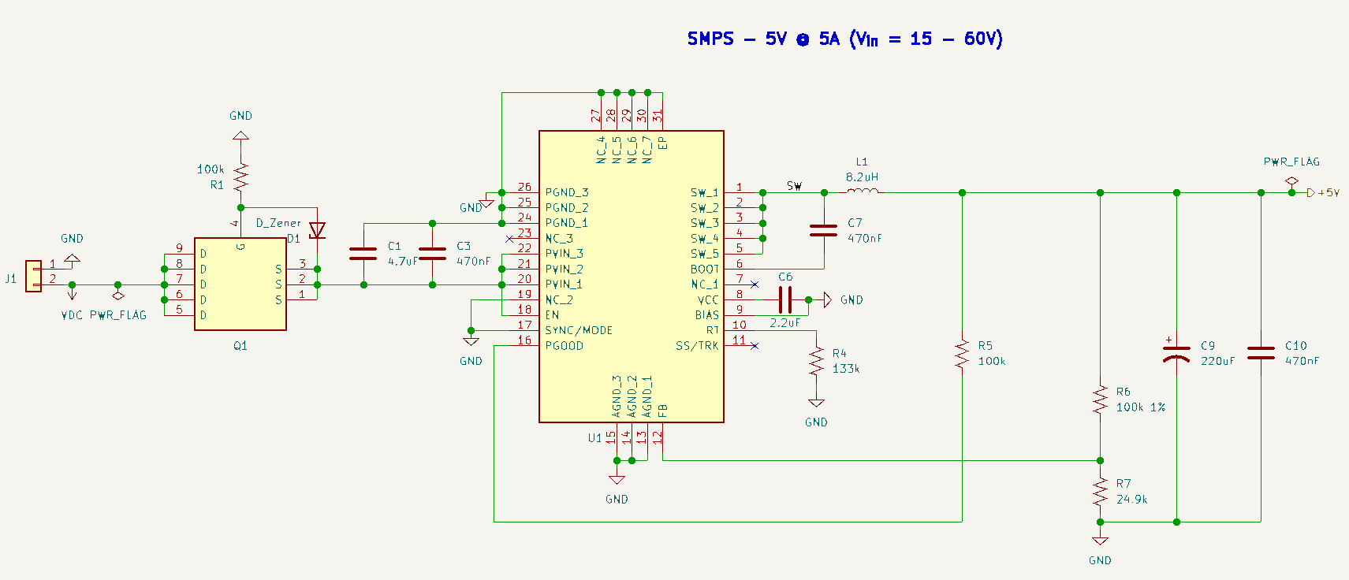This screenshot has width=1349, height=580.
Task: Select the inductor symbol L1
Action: [x=862, y=191]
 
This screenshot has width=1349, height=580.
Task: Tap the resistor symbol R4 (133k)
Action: [x=816, y=362]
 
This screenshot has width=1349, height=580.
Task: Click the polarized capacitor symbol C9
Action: [x=1176, y=353]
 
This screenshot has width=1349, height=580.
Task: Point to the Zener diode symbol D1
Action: [x=317, y=230]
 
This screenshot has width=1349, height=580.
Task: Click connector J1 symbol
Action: [x=33, y=276]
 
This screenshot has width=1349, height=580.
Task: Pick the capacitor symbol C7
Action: [x=824, y=230]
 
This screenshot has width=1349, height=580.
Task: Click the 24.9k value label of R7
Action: [x=1131, y=499]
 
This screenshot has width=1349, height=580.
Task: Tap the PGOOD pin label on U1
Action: [x=565, y=345]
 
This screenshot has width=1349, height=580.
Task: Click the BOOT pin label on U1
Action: [x=704, y=269]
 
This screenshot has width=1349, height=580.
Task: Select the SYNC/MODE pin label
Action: [x=579, y=330]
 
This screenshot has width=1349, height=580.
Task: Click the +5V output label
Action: [x=1328, y=192]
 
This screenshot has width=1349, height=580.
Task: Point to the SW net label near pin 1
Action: [x=794, y=186]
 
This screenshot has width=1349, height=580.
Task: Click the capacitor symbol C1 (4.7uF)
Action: [x=363, y=254]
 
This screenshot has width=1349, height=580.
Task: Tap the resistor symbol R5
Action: [x=962, y=354]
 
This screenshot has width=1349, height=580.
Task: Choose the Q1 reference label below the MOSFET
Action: [x=240, y=345]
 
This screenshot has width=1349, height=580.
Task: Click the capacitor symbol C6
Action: [x=784, y=299]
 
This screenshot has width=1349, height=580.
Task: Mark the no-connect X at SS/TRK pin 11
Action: [x=755, y=345]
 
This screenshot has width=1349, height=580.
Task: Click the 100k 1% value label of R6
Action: [x=1140, y=407]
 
